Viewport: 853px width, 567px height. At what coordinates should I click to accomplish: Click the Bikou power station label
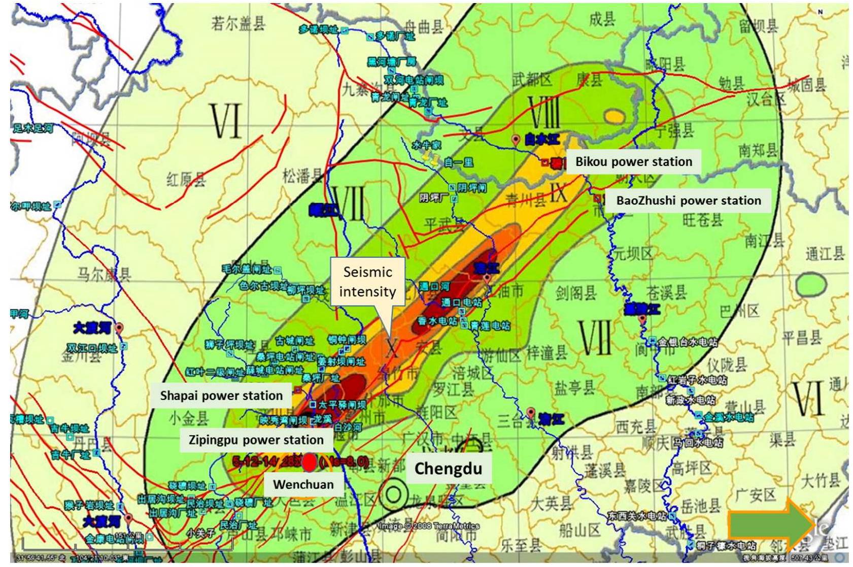[x=633, y=161]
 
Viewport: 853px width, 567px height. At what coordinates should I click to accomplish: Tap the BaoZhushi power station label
[x=688, y=201]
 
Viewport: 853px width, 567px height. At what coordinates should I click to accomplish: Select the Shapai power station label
[x=221, y=395]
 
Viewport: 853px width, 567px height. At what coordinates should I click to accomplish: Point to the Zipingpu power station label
[x=256, y=440]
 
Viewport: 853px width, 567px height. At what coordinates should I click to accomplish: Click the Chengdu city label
[x=448, y=468]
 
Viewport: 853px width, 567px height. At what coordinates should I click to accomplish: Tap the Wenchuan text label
[x=303, y=484]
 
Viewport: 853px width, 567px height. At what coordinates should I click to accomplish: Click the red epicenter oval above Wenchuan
[x=309, y=462]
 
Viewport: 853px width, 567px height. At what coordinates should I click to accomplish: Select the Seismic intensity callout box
[x=367, y=282]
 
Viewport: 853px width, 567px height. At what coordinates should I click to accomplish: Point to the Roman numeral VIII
[x=544, y=112]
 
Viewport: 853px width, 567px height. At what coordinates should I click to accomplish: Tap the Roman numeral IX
[x=558, y=193]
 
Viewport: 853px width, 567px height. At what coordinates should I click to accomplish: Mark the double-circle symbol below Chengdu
[x=394, y=494]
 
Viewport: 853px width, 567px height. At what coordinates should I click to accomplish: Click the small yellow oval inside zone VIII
[x=615, y=116]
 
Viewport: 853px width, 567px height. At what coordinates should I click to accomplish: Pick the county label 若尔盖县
[x=238, y=23]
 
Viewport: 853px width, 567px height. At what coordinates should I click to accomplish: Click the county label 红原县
[x=186, y=179]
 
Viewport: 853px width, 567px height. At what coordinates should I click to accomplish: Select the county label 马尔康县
[x=104, y=274]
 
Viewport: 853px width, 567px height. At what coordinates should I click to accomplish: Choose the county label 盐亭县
[x=574, y=388]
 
